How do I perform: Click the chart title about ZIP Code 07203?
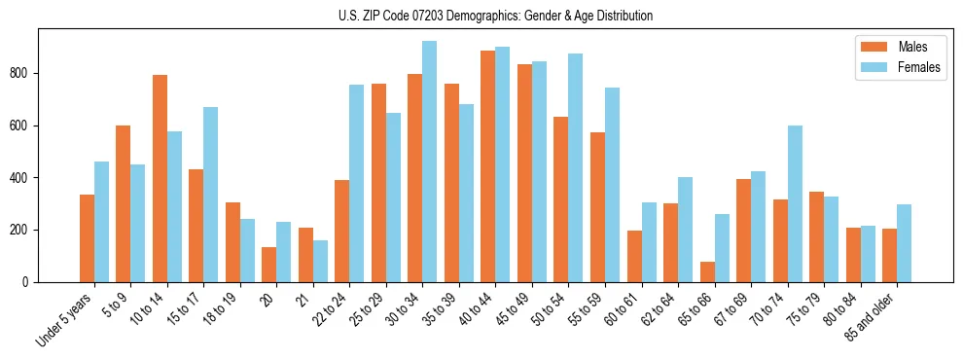(x=481, y=16)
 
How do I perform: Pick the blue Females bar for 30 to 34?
(x=430, y=162)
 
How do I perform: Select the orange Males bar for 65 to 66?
(x=707, y=271)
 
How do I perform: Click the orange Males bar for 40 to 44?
(x=488, y=166)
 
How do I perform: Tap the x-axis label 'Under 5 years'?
(x=66, y=320)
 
